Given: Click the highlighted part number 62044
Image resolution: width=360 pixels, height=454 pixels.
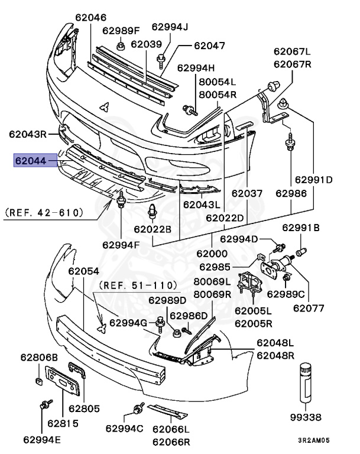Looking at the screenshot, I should click(35, 160).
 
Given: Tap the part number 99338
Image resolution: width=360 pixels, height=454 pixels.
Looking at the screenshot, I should click(306, 417).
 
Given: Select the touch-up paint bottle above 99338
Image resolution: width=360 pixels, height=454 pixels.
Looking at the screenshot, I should click(306, 382).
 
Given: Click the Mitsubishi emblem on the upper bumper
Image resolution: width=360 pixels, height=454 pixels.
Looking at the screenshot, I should click(104, 107).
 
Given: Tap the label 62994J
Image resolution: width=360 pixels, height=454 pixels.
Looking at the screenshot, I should click(169, 27).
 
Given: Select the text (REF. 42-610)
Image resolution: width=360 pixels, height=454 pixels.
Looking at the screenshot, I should click(44, 211).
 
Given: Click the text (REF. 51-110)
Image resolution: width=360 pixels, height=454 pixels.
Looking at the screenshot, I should click(134, 285).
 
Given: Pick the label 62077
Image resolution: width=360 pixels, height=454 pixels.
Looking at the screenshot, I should click(309, 307).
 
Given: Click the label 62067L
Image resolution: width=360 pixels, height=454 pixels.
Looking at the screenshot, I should click(291, 51).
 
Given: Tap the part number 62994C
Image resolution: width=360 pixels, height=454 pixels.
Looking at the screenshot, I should click(125, 428).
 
